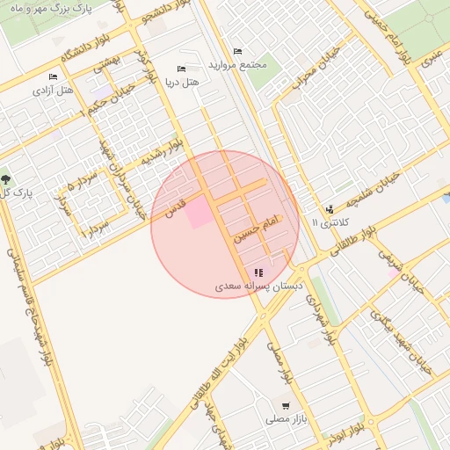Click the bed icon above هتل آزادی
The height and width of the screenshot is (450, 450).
click(54, 76)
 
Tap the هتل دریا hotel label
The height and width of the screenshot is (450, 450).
click(183, 83)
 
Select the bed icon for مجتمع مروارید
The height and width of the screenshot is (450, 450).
click(236, 51)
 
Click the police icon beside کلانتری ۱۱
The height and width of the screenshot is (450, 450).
click(329, 209)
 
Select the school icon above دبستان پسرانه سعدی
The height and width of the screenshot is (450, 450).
click(258, 272)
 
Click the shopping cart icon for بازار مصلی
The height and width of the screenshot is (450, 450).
click(287, 406)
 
